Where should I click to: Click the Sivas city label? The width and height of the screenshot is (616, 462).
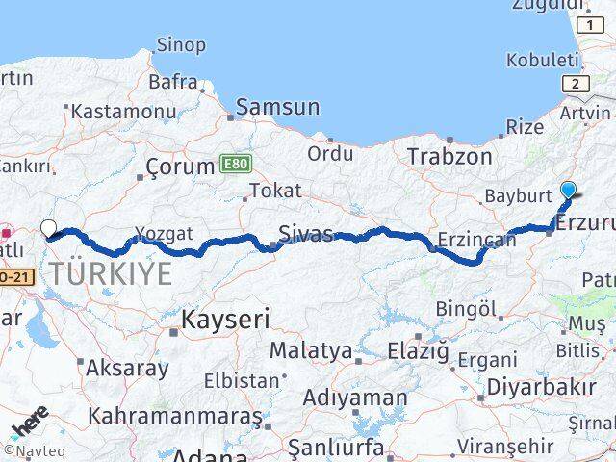pyautogui.click(x=306, y=234)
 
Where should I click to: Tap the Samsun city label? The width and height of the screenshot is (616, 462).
pyautogui.click(x=277, y=107)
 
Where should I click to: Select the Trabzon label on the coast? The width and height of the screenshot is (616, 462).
pyautogui.click(x=449, y=156)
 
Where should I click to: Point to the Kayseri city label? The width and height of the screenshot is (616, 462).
pyautogui.click(x=226, y=320)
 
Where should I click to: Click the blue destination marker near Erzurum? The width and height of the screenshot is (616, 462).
pyautogui.click(x=568, y=190)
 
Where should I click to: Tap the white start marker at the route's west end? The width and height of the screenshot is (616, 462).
pyautogui.click(x=49, y=229)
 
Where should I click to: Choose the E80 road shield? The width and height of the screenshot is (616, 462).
pyautogui.click(x=233, y=164)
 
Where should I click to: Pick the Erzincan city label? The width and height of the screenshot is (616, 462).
pyautogui.click(x=476, y=240)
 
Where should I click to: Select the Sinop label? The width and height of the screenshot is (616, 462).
pyautogui.click(x=181, y=45)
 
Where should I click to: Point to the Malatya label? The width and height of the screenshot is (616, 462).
pyautogui.click(x=310, y=350)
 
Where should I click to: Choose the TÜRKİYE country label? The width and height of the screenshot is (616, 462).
pyautogui.click(x=112, y=273)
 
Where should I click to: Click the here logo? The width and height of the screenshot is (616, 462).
pyautogui.click(x=28, y=423)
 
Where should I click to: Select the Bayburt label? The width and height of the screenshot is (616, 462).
pyautogui.click(x=518, y=195)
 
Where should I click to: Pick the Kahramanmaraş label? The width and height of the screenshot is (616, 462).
pyautogui.click(x=174, y=417)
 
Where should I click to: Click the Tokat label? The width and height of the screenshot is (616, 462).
pyautogui.click(x=276, y=191)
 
